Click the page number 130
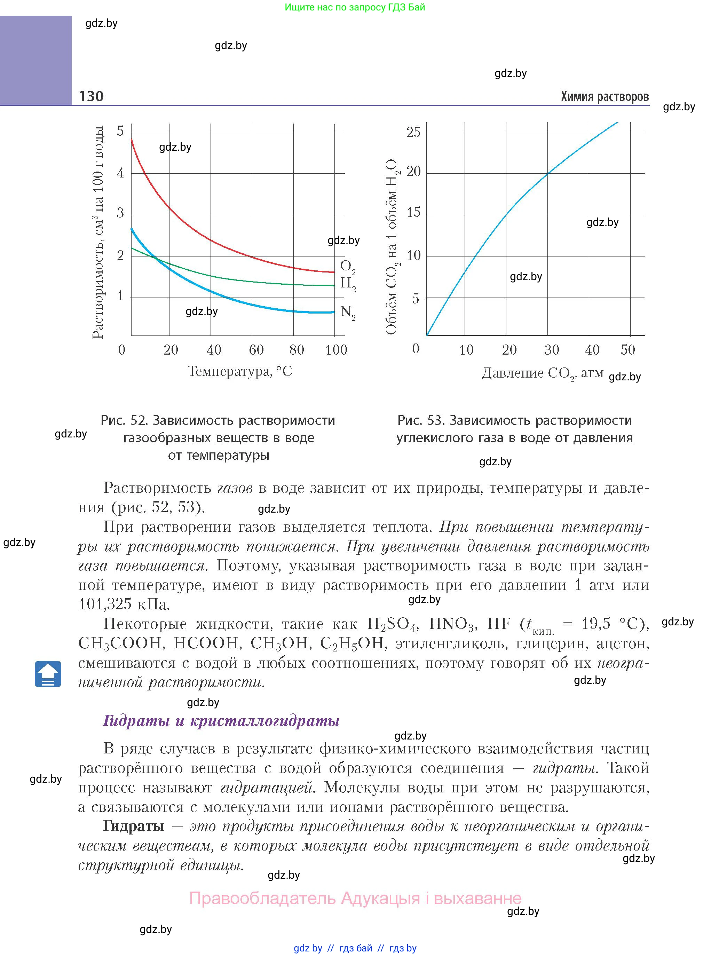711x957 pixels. pyautogui.click(x=91, y=96)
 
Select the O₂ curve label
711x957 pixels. pyautogui.click(x=347, y=267)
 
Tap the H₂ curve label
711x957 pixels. pyautogui.click(x=347, y=284)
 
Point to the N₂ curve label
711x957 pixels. pyautogui.click(x=347, y=313)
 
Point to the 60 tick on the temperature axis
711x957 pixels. pyautogui.click(x=256, y=349)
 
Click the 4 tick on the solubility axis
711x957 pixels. pyautogui.click(x=120, y=173)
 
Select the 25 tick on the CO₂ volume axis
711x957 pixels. pyautogui.click(x=413, y=132)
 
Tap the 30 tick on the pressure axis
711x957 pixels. pyautogui.click(x=551, y=349)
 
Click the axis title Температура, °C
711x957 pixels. pyautogui.click(x=240, y=371)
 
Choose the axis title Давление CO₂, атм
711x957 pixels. pyautogui.click(x=542, y=373)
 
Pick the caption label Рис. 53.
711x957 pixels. pyautogui.click(x=420, y=420)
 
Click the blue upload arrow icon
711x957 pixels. pyautogui.click(x=48, y=674)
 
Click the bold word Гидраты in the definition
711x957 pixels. pyautogui.click(x=133, y=826)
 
